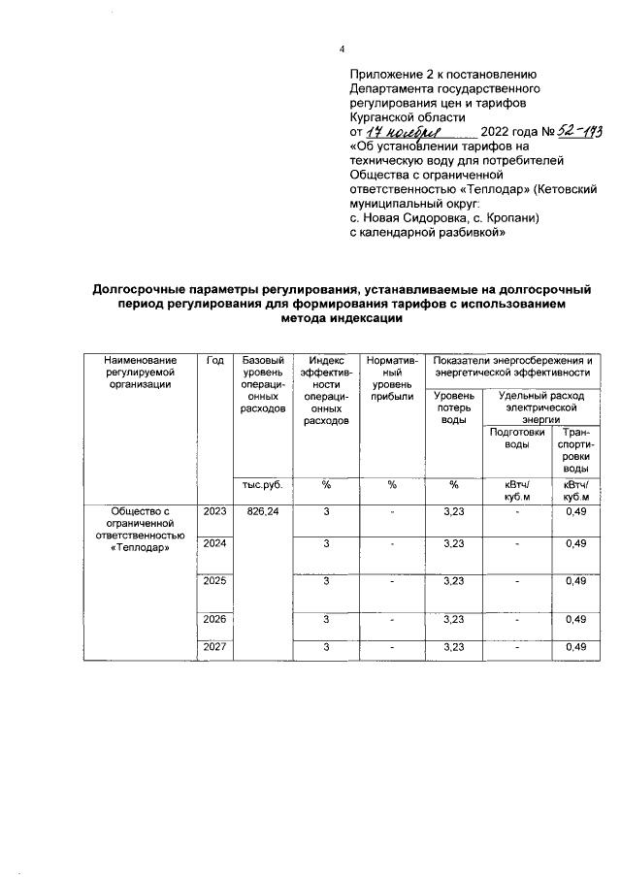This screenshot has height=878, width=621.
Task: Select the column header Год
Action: point(214,361)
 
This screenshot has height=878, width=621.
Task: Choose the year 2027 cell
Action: point(214,647)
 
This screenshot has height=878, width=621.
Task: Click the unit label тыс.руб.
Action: point(262,485)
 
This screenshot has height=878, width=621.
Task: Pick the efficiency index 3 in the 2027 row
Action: point(326,647)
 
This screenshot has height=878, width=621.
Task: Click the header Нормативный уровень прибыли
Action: point(392,378)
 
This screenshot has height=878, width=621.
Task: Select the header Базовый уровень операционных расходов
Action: point(262,384)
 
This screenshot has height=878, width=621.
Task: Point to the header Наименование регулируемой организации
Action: point(141,373)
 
